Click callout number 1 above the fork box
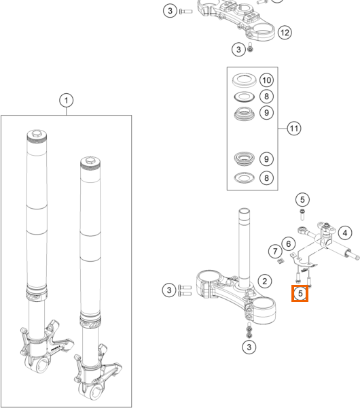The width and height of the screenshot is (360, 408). (x=67, y=101)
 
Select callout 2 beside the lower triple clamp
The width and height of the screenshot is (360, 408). (x=265, y=282)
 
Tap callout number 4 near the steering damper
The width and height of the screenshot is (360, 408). (x=345, y=233)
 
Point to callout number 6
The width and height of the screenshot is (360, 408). (x=288, y=244)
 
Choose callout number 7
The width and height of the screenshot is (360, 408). (x=275, y=252)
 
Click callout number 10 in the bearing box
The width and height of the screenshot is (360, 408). (x=267, y=80)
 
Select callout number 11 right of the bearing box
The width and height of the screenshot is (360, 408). (x=294, y=129)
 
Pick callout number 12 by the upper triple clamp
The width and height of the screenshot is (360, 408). (x=285, y=33)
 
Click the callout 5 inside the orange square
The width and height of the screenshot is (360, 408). (x=300, y=294)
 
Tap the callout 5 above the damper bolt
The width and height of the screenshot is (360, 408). (x=302, y=200)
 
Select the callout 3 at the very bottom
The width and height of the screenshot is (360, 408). (x=249, y=347)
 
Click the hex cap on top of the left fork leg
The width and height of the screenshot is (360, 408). (x=37, y=133)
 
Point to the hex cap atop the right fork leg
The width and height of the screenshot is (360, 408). (x=90, y=160)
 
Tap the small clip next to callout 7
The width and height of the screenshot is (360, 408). (x=280, y=261)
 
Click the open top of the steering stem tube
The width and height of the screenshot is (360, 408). (x=244, y=210)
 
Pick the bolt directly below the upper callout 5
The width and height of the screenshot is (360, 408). (x=302, y=214)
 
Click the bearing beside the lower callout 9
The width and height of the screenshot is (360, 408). (x=245, y=158)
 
